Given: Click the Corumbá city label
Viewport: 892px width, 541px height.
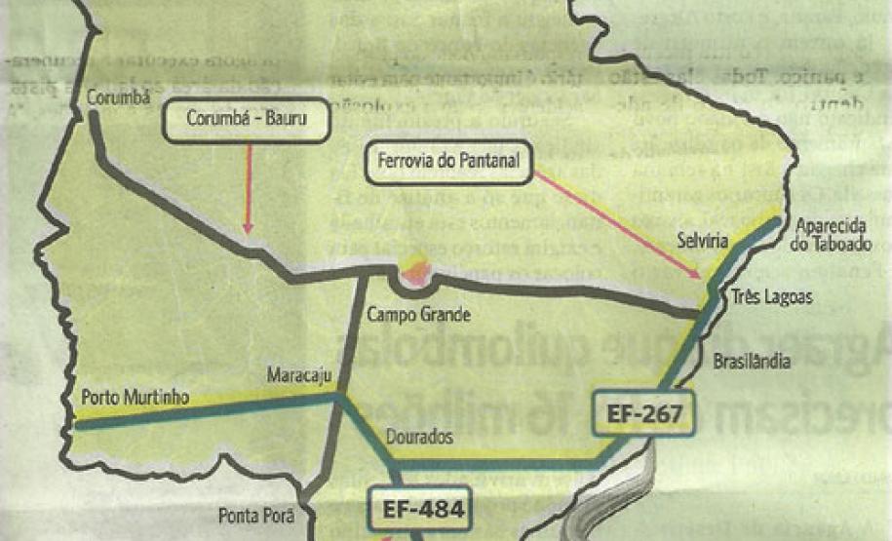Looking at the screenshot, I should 114,97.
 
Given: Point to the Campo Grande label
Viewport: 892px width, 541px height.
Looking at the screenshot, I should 419,315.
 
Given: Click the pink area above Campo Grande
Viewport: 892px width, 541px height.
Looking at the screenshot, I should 415,272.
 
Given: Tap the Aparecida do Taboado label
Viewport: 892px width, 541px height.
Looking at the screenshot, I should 831,235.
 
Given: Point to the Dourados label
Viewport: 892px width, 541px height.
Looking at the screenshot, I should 418,438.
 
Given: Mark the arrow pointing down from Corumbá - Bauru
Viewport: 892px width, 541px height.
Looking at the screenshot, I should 249,190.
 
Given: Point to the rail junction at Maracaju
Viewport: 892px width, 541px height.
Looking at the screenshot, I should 337,397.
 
